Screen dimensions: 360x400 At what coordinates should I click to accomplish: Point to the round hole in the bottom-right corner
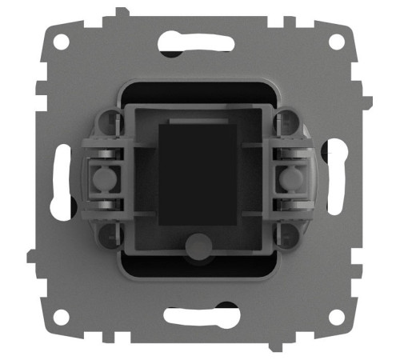338,318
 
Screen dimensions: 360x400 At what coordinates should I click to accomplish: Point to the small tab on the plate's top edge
119,11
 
